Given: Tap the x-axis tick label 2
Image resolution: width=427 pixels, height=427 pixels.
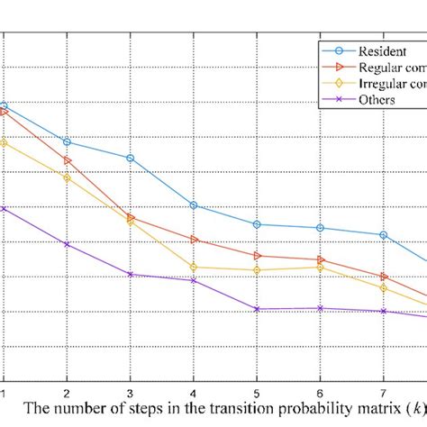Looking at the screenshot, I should click(x=66, y=394).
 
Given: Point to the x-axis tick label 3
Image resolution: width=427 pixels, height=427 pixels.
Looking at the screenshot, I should click(x=130, y=394).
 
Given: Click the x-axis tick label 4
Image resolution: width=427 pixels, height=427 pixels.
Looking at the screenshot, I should click(x=194, y=394).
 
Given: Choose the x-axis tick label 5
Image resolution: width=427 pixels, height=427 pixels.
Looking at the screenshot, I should click(x=257, y=394).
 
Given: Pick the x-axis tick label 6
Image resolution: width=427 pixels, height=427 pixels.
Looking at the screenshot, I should click(x=321, y=394).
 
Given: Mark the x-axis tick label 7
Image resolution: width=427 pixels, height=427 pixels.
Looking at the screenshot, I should click(x=385, y=394).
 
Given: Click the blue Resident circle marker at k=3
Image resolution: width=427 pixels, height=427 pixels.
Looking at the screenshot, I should click(x=130, y=158).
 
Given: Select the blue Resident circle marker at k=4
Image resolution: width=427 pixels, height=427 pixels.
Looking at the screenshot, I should click(x=194, y=205).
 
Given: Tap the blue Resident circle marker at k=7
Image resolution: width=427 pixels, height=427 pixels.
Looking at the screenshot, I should click(x=385, y=235).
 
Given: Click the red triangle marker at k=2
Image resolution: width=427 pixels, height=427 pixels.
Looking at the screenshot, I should click(x=66, y=160).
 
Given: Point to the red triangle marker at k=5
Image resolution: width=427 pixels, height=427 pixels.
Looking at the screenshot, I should click(x=257, y=256).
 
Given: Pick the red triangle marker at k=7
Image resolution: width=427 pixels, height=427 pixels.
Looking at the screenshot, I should click(x=385, y=277).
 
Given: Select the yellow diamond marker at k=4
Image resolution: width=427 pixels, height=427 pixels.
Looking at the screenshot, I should click(x=194, y=267).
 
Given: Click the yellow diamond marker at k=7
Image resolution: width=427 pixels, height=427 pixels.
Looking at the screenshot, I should click(x=385, y=288).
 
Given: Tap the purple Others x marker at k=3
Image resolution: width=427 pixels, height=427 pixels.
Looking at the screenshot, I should click(x=130, y=274).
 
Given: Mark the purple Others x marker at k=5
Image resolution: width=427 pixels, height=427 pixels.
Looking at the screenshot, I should click(x=257, y=309).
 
